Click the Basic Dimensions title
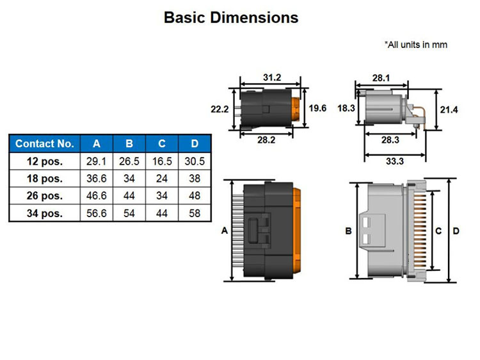[231, 17]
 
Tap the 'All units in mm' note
[416, 45]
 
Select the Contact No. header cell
[45, 143]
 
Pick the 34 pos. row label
[45, 213]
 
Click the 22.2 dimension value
[220, 109]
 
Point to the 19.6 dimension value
[317, 108]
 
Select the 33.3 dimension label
[395, 161]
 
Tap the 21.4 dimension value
[449, 110]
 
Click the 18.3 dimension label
[346, 108]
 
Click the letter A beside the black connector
[224, 231]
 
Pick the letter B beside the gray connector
[348, 231]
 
